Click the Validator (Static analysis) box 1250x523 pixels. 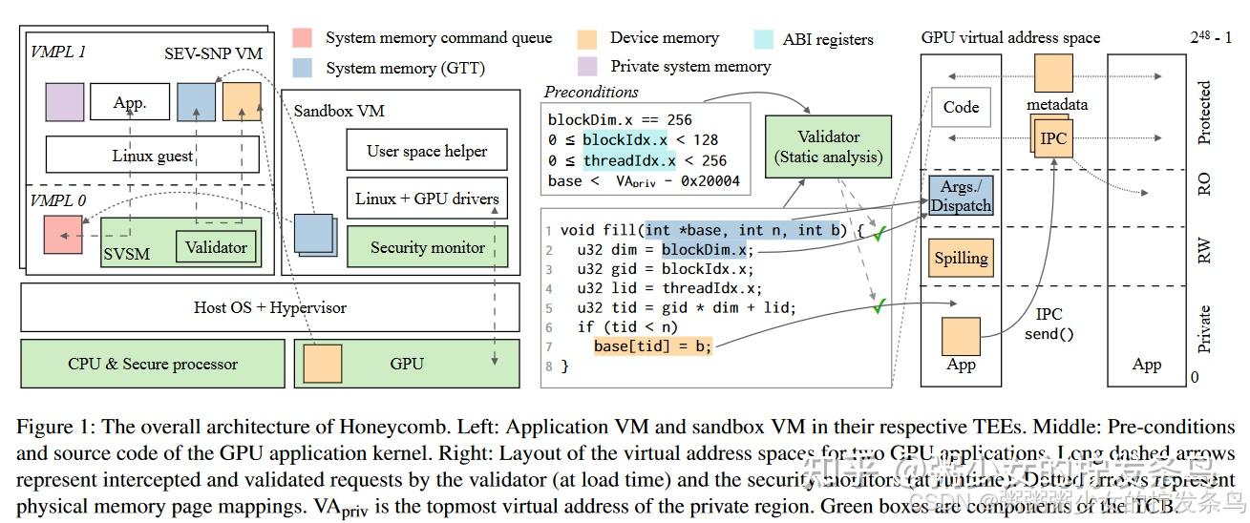[x=828, y=147]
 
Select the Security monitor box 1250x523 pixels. [x=427, y=247]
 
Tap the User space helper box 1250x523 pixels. [x=427, y=151]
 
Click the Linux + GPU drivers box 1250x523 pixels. [x=427, y=199]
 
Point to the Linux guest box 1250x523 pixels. [x=153, y=156]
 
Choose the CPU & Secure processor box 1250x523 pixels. [x=153, y=364]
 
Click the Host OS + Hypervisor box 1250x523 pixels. [x=270, y=307]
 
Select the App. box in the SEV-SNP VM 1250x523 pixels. [x=131, y=102]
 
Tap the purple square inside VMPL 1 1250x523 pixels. [x=65, y=101]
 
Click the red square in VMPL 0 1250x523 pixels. [x=63, y=234]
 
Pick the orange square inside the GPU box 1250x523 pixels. [x=323, y=364]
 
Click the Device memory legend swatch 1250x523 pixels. [x=588, y=39]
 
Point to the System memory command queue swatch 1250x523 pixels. [x=304, y=39]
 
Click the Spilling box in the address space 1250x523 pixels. [x=961, y=258]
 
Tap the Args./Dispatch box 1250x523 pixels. [x=961, y=196]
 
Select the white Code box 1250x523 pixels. [x=961, y=107]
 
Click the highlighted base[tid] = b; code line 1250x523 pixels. [x=653, y=346]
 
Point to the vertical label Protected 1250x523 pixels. [x=1204, y=113]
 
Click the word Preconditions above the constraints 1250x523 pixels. [x=591, y=93]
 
